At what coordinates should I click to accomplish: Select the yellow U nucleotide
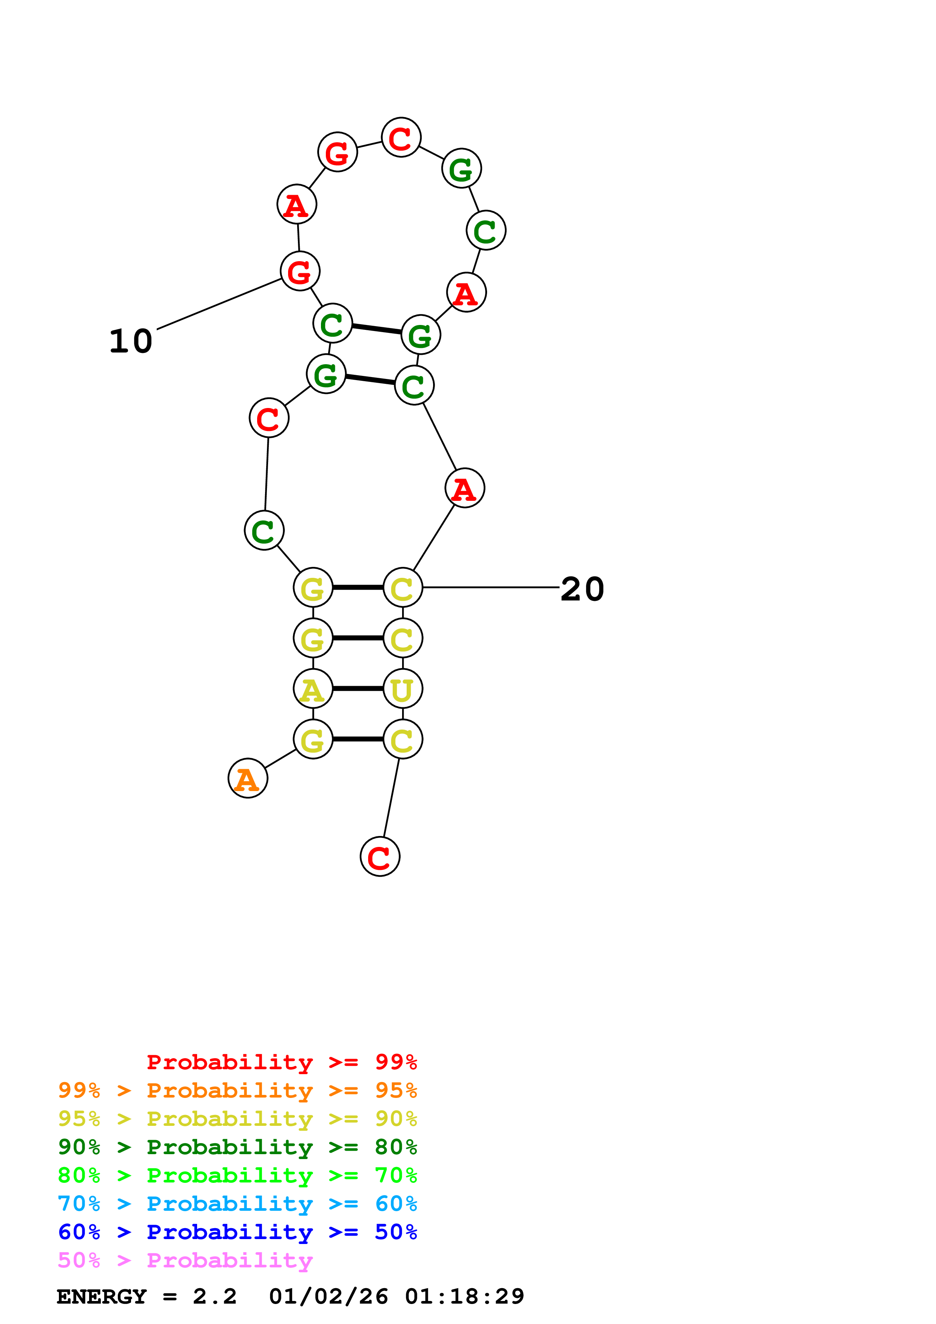pos(402,688)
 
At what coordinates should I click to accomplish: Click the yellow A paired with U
pos(313,688)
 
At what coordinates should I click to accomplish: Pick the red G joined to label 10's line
pos(300,271)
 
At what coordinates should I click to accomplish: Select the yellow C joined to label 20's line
pos(402,588)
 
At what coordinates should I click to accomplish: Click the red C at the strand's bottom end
pos(379,857)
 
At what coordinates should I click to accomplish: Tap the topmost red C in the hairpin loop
pos(401,138)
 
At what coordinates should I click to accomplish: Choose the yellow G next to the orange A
pos(313,739)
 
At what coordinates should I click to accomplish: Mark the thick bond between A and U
pos(358,688)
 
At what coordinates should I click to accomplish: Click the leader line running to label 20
pos(490,588)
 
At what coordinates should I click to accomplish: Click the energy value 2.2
pos(214,1296)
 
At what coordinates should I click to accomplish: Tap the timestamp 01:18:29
pos(464,1296)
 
